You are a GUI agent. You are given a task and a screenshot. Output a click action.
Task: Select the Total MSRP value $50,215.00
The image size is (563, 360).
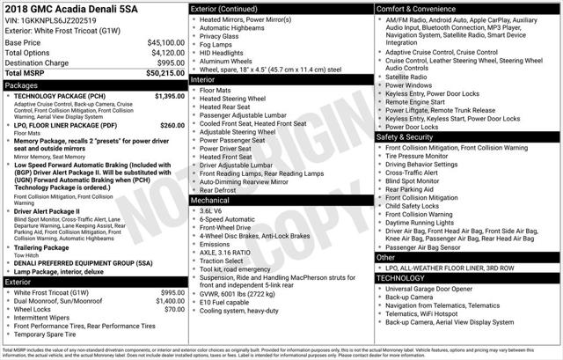tap(164, 74)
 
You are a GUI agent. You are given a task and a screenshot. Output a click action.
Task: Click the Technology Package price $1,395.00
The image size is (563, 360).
tap(163, 96)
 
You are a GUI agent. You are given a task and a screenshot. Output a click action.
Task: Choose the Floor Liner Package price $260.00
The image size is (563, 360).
tap(166, 126)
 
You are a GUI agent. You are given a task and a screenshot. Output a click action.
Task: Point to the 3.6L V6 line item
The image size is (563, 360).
tap(211, 211)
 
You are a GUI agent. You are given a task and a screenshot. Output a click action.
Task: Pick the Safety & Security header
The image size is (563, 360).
tap(405, 137)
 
